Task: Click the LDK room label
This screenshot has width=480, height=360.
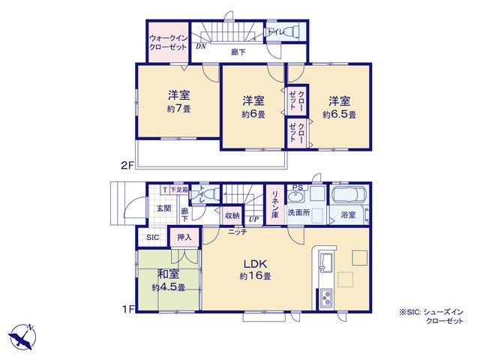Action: coord(256,263)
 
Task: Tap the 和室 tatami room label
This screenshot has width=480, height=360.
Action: coord(169,274)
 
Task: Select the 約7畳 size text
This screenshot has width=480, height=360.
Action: coord(178,109)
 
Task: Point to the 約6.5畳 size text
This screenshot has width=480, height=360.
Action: coord(340,115)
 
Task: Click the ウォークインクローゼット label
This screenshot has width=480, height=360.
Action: coord(168,43)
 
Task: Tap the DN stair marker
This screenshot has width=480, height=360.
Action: coord(201,46)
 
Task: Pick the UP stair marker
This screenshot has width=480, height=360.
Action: coord(253,219)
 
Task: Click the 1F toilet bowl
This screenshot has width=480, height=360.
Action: coord(211,194)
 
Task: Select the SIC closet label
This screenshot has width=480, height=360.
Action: coord(152,237)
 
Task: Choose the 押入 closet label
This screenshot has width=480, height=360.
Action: coord(184,237)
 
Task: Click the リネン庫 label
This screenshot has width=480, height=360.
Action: coord(275,205)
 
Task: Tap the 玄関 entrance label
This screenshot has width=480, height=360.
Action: coord(164,208)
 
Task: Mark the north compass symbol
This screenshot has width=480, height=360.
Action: coord(22,337)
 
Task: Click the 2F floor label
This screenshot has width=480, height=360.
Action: coord(127,166)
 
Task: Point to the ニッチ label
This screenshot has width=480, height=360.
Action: coord(238,232)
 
